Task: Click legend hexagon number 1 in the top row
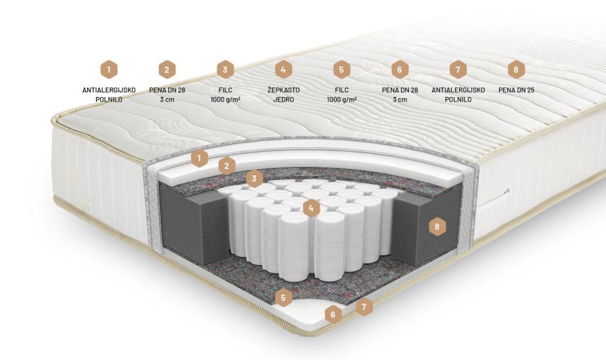pos(109,70)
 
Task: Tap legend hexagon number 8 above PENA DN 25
pos(516,70)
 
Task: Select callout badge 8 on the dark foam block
pos(437,226)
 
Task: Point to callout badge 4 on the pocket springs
pos(311,208)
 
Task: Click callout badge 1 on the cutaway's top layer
pos(199,158)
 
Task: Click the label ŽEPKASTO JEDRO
pos(284,95)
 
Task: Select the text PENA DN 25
pos(516,90)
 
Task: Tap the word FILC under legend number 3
pos(226,90)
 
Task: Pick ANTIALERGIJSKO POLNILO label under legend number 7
pos(458,95)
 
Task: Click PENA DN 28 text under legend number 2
pos(167,90)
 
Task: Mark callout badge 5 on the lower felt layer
pos(284,297)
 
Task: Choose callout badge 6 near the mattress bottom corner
pos(333,315)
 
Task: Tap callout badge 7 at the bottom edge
pos(364,307)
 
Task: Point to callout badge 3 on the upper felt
pos(255,179)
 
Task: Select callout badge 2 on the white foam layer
pos(227,166)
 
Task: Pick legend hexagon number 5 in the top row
pos(342,70)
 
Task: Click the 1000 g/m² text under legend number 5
pos(342,100)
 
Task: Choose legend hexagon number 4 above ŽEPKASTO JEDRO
pos(284,70)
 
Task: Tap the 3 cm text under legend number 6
pos(400,100)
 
